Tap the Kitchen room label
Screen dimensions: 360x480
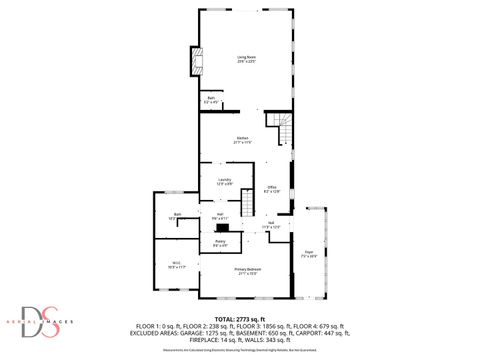click(242, 139)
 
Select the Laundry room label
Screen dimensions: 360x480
click(225, 181)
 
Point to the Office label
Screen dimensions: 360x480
click(271, 188)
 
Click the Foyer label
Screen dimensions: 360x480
click(309, 255)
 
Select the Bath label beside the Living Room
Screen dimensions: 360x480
click(211, 99)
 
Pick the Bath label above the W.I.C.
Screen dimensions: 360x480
click(176, 216)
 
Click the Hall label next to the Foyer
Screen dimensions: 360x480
click(272, 224)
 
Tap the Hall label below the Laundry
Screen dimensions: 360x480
click(220, 215)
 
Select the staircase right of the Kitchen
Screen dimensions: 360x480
click(280, 126)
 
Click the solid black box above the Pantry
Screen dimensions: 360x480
click(222, 229)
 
